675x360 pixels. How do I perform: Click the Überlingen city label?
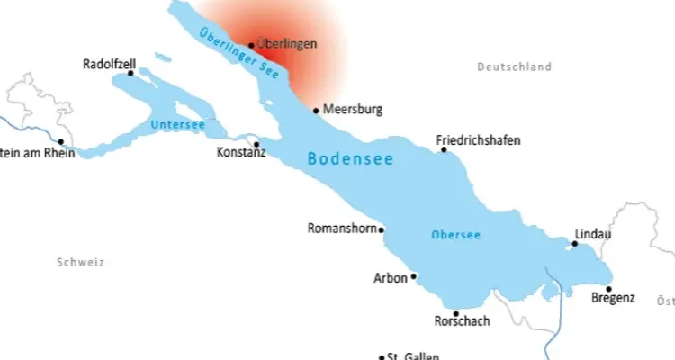point(286,42)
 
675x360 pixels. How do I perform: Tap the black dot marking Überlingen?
point(251,44)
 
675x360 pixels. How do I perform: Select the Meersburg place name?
point(353,110)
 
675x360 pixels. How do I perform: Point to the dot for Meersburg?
point(316,112)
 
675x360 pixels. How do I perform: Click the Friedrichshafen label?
point(478,140)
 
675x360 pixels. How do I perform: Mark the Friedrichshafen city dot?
point(443,149)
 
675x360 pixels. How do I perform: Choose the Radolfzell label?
point(108,64)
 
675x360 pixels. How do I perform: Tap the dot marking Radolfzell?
point(130,74)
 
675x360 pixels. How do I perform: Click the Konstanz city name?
point(241,154)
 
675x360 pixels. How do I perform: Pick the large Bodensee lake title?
point(350,158)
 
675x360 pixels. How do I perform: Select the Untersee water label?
point(177,124)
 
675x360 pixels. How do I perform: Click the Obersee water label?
point(455,235)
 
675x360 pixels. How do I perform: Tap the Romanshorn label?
point(341,228)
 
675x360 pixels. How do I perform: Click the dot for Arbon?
point(413,276)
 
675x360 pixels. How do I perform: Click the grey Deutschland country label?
point(514,67)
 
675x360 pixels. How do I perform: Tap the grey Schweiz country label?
point(80,263)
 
